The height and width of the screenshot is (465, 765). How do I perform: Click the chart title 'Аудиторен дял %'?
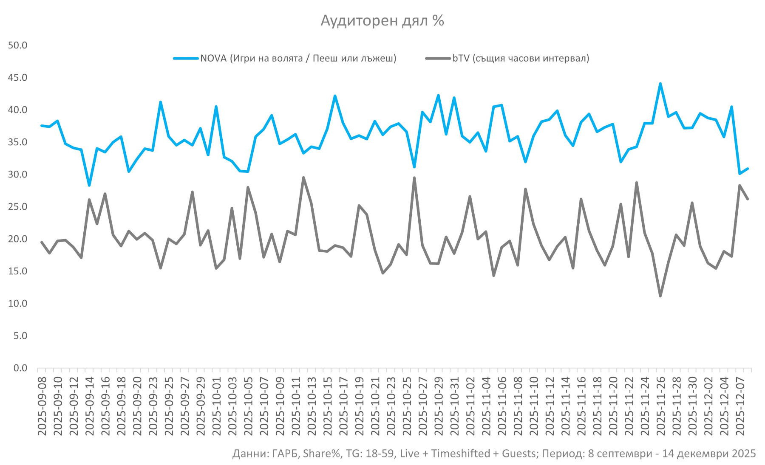382,21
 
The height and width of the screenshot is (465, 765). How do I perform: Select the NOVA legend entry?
298,58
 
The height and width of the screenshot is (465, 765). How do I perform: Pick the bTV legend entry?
521,58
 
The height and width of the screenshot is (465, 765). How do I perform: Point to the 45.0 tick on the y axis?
17,78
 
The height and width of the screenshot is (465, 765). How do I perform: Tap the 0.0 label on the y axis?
20,368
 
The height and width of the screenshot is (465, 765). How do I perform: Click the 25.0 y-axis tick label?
17,207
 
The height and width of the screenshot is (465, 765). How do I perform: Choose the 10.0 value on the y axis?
17,304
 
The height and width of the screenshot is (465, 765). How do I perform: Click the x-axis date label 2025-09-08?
42,406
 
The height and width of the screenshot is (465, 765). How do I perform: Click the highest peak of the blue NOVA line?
660,84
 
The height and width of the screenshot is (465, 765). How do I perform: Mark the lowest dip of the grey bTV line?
660,296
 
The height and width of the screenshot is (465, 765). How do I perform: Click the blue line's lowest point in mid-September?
89,185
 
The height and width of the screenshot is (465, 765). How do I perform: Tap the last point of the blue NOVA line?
748,169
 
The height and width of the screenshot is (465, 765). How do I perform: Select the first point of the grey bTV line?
42,242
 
